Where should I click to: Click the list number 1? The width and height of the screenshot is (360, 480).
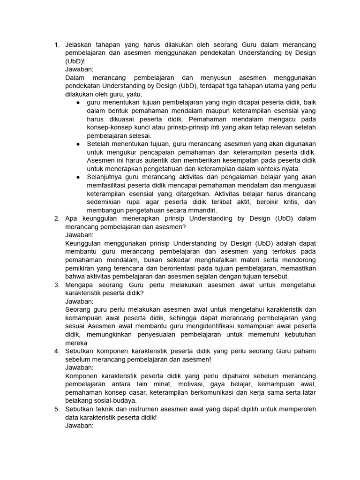point(56,45)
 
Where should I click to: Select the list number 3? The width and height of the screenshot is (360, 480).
point(56,285)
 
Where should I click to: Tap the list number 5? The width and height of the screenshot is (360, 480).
point(56,409)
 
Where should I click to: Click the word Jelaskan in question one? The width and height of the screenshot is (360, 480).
point(79,45)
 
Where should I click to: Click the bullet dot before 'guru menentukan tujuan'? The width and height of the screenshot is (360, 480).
point(78,103)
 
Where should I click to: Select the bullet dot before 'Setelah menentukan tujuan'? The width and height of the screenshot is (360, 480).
point(78,144)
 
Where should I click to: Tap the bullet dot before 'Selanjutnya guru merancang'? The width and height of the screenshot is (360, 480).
point(78,177)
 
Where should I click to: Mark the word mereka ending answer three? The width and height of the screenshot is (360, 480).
point(76,343)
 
